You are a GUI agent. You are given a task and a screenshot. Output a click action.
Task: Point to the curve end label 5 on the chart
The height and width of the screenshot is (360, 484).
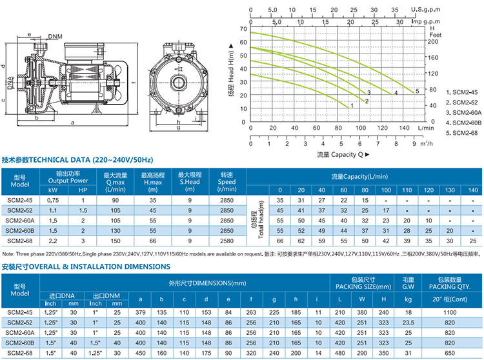click(x=418, y=91)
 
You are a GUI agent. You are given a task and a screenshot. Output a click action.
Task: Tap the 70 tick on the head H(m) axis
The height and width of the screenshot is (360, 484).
click(x=243, y=29)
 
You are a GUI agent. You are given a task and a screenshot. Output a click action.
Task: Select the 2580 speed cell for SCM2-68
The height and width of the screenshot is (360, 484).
click(x=227, y=241)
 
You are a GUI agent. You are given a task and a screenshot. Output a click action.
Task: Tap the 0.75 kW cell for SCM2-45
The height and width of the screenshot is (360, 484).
click(x=54, y=201)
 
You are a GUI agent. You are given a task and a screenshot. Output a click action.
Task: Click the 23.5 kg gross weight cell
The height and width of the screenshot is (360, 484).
click(x=408, y=323)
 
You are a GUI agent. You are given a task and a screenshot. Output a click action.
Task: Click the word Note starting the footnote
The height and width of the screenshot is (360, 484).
click(x=9, y=254)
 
